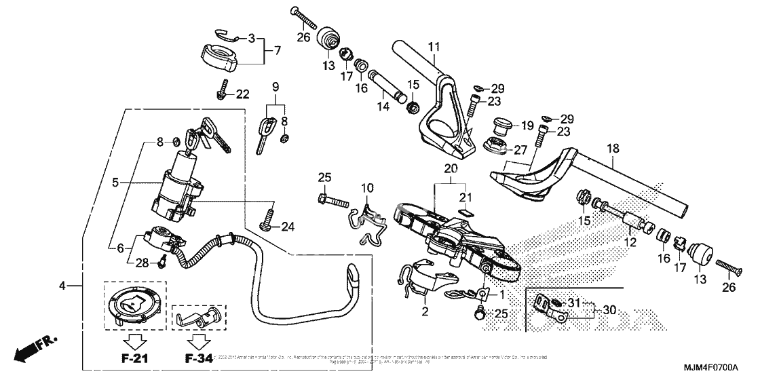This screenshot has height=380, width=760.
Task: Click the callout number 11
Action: point(434,47)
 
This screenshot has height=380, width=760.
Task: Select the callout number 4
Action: point(62,286)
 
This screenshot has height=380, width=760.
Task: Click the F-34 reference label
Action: point(197,358)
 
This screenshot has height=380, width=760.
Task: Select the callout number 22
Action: point(242,95)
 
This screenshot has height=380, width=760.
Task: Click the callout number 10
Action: point(367,187)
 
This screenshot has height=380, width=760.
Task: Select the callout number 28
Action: point(142,262)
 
